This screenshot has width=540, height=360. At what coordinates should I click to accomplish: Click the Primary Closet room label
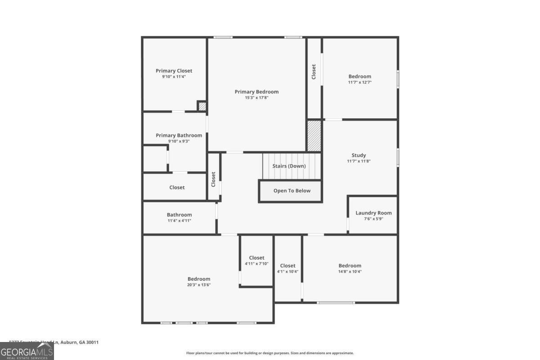point(174,71)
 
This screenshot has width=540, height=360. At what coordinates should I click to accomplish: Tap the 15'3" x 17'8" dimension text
point(256,98)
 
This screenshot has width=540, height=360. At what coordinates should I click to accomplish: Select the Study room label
point(359,155)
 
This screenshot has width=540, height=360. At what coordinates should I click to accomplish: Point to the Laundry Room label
point(373,213)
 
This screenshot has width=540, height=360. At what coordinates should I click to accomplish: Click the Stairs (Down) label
point(289,166)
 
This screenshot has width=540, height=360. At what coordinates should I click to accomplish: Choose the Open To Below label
point(292,191)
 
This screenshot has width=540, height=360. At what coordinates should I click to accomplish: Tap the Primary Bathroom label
point(179,135)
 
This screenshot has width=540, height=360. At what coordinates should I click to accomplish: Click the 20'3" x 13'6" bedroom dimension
point(199,285)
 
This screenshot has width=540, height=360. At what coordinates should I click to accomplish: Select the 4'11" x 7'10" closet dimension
point(256,264)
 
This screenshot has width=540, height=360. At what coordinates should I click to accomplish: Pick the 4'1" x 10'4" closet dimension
point(288,271)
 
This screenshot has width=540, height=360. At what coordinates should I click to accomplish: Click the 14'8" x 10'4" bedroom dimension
point(350,271)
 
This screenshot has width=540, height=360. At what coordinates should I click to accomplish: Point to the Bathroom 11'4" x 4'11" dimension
point(179,220)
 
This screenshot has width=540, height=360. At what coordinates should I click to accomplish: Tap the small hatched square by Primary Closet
point(202,107)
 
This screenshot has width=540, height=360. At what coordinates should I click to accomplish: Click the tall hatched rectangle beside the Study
point(314,135)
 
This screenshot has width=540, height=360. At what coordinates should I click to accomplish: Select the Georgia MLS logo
point(27,351)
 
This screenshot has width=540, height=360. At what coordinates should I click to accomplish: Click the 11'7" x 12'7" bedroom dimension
point(360,82)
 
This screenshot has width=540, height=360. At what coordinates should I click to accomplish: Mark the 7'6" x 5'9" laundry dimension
point(373,219)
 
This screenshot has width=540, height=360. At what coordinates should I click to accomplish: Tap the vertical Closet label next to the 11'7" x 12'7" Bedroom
point(314,72)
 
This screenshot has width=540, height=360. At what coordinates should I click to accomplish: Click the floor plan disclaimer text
point(270,353)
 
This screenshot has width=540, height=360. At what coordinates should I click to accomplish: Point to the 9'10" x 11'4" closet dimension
point(174,76)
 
